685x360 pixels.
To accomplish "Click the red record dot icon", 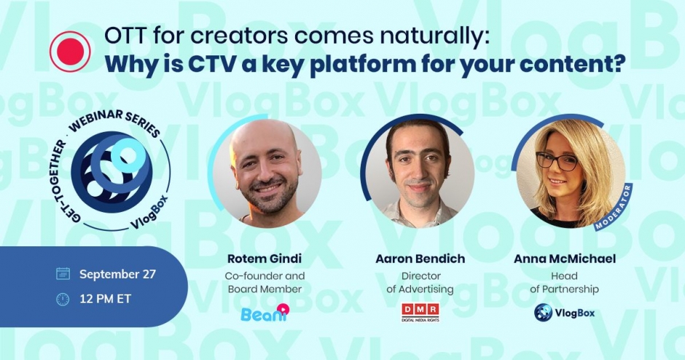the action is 70,52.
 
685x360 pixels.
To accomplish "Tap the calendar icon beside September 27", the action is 63,274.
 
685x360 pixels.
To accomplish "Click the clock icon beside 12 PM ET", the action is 63,300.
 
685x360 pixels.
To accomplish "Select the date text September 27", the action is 117,274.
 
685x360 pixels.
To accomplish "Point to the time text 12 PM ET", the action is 105,300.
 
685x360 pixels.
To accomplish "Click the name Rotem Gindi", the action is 265,259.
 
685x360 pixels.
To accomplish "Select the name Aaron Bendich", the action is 420,259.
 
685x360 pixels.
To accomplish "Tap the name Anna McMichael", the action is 565,259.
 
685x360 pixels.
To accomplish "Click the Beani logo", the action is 265,313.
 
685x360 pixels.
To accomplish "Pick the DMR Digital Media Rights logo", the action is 420,313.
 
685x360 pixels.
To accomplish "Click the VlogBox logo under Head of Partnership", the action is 564,313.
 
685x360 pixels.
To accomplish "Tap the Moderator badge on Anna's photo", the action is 614,207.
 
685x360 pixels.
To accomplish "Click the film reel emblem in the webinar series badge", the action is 111,172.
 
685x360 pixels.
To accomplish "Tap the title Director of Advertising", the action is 420,282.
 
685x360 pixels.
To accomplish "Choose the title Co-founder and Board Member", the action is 265,282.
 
